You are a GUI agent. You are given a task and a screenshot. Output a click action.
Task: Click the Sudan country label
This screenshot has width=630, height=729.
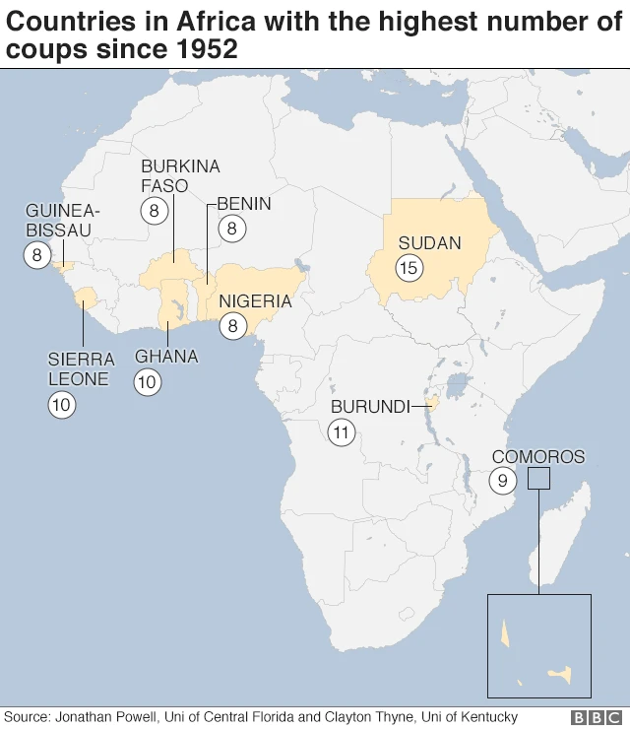[429, 243]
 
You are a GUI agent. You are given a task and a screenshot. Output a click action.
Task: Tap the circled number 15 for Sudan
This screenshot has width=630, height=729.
[409, 267]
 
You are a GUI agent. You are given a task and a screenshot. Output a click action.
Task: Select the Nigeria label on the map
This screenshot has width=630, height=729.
[256, 301]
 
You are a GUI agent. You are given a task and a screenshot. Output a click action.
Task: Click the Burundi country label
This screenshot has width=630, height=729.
[370, 407]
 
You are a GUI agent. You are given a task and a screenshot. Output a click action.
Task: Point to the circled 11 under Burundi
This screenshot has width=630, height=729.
[342, 431]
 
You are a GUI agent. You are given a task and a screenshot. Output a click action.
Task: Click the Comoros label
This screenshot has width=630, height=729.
[537, 457]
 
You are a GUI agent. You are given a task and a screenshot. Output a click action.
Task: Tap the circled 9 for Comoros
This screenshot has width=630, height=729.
[502, 481]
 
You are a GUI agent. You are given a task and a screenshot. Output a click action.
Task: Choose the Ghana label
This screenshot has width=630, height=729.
[166, 357]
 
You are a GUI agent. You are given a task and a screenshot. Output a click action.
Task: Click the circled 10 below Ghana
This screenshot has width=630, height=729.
[147, 382]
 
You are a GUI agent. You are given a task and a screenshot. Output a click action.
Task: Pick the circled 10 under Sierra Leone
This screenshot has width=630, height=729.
[62, 403]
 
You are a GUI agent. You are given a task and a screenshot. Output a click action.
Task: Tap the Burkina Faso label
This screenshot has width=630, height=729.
[180, 175]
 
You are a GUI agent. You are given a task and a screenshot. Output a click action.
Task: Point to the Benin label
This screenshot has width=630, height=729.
[243, 204]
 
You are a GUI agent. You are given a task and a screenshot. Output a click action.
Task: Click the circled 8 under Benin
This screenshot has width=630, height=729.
[232, 230]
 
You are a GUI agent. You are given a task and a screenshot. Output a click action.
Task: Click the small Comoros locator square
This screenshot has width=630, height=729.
[538, 478]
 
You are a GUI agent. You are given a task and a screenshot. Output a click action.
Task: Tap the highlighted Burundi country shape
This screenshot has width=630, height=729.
[431, 403]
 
